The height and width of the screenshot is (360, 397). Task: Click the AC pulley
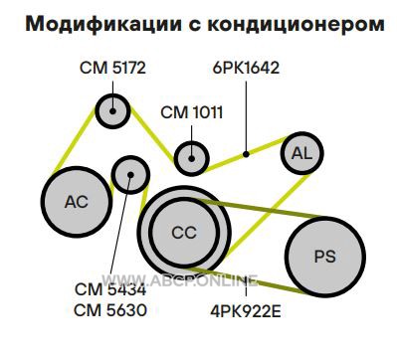tap(77, 202)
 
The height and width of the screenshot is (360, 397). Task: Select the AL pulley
tap(301, 153)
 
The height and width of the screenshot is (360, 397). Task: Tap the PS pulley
tap(325, 257)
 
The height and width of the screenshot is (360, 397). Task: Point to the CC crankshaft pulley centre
tap(184, 233)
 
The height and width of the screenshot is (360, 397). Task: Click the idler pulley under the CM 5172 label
tap(112, 111)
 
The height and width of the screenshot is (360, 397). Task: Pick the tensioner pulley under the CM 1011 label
tap(192, 158)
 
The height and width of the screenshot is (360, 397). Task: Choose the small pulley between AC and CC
tap(130, 175)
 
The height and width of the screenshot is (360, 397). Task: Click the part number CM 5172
tap(112, 68)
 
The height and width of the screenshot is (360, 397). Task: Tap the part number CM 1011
tap(192, 112)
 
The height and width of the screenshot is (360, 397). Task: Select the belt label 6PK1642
tap(246, 68)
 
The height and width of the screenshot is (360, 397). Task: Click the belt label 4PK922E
tap(246, 311)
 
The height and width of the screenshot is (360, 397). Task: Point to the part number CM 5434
tap(110, 289)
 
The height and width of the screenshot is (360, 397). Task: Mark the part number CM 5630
tap(110, 311)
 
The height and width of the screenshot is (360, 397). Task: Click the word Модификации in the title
tap(103, 24)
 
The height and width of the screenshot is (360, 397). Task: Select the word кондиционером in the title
tap(297, 25)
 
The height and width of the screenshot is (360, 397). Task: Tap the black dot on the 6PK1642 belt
tap(246, 154)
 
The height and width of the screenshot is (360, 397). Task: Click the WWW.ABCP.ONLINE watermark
tap(179, 280)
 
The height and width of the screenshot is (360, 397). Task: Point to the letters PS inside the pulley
tap(325, 257)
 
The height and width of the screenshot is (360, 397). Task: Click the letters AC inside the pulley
tap(77, 202)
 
